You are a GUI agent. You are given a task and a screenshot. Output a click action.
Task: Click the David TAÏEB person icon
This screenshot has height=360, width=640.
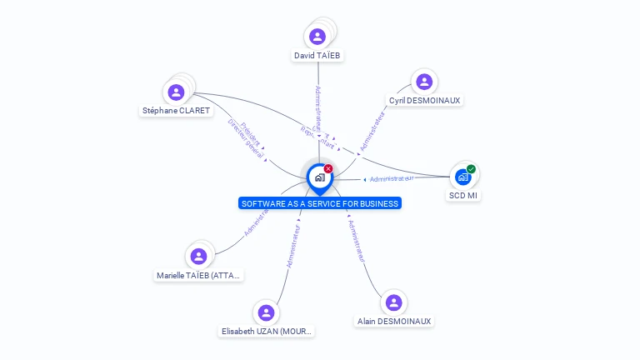coord(317,37)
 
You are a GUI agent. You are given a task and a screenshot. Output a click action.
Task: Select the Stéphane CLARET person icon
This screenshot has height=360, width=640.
coord(176,92)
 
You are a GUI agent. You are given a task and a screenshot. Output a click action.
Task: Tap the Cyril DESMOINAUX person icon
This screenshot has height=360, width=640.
coord(424,82)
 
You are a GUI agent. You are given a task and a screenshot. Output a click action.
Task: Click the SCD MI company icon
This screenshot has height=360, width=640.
coord(463,177)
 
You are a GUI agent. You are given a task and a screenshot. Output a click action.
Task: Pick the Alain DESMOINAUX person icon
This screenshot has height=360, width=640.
coord(394,302)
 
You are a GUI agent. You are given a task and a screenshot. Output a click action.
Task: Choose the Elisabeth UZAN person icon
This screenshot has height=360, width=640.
coord(267,312)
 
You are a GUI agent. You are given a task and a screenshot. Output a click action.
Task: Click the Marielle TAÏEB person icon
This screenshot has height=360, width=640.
coord(198,257)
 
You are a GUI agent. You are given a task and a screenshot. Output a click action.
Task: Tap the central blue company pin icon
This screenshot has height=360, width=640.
coord(319,177)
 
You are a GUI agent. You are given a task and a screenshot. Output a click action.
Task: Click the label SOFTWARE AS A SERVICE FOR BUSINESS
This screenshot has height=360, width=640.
coord(320,203)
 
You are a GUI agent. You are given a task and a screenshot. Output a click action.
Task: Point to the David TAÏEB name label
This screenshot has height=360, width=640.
coord(317,56)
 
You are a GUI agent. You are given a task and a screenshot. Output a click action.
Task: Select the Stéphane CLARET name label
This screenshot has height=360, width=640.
coord(176,110)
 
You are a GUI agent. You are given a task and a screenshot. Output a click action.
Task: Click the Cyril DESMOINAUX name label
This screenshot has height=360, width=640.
coord(424,100)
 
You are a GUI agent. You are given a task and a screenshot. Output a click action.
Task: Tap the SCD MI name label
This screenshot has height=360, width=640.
coord(463,196)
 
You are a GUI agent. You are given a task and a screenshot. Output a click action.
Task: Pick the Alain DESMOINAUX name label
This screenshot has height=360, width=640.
coord(394,321)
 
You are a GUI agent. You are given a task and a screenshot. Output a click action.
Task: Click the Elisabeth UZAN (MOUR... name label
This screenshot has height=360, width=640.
coord(267,331)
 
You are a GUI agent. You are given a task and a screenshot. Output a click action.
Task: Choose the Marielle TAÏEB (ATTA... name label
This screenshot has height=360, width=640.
coord(199,275)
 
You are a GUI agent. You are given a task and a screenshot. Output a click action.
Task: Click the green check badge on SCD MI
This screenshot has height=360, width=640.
coord(471,169)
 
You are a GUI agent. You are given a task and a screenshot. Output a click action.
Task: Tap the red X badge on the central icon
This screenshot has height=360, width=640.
coord(328,168)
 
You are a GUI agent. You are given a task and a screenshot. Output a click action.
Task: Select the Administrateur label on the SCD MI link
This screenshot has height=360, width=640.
coord(392,178)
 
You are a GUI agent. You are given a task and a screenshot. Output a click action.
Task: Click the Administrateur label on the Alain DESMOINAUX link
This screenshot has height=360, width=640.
coord(357,242)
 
